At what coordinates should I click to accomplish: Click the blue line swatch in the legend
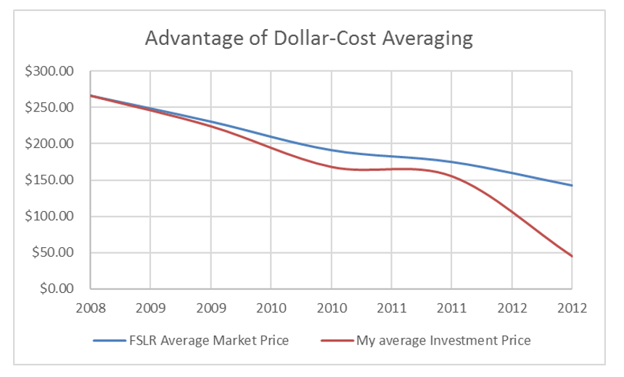coord(109,339)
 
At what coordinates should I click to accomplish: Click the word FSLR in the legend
coord(143,339)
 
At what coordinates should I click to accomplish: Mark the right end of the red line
coord(572,256)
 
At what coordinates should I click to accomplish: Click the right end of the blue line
coord(572,186)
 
